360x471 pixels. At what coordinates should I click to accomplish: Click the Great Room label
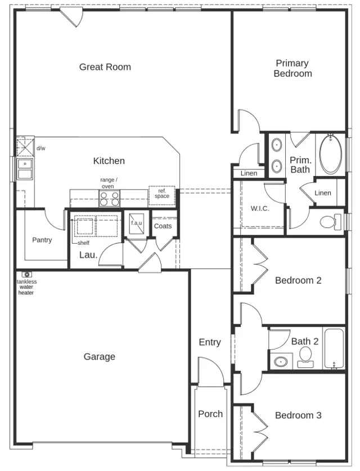[x=105, y=67]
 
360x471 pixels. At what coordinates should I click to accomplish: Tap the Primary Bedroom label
[x=292, y=68]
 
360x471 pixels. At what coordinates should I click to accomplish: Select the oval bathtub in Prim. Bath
[x=329, y=155]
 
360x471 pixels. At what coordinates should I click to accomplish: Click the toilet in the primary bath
[x=330, y=222]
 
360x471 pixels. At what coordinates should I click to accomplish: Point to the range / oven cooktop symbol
[x=110, y=198]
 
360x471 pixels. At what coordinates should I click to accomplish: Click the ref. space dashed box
[x=161, y=194]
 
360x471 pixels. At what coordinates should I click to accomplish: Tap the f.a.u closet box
[x=136, y=223]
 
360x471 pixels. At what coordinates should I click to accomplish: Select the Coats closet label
[x=163, y=226]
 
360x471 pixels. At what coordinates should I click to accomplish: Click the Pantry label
[x=42, y=240]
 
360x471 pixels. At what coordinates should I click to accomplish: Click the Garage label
[x=99, y=357]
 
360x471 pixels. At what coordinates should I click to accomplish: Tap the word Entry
[x=209, y=342]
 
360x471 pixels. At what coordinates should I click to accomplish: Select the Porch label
[x=210, y=414]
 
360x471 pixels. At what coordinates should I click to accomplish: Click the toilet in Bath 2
[x=305, y=356]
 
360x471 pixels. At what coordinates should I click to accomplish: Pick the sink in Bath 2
[x=280, y=361]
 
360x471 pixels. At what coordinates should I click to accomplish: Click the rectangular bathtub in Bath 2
[x=334, y=348]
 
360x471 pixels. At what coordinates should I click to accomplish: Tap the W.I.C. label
[x=259, y=208]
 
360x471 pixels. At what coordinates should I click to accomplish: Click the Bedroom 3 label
[x=298, y=415]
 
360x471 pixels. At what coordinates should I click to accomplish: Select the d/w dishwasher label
[x=40, y=149]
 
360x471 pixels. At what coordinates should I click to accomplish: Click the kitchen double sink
[x=24, y=169]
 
